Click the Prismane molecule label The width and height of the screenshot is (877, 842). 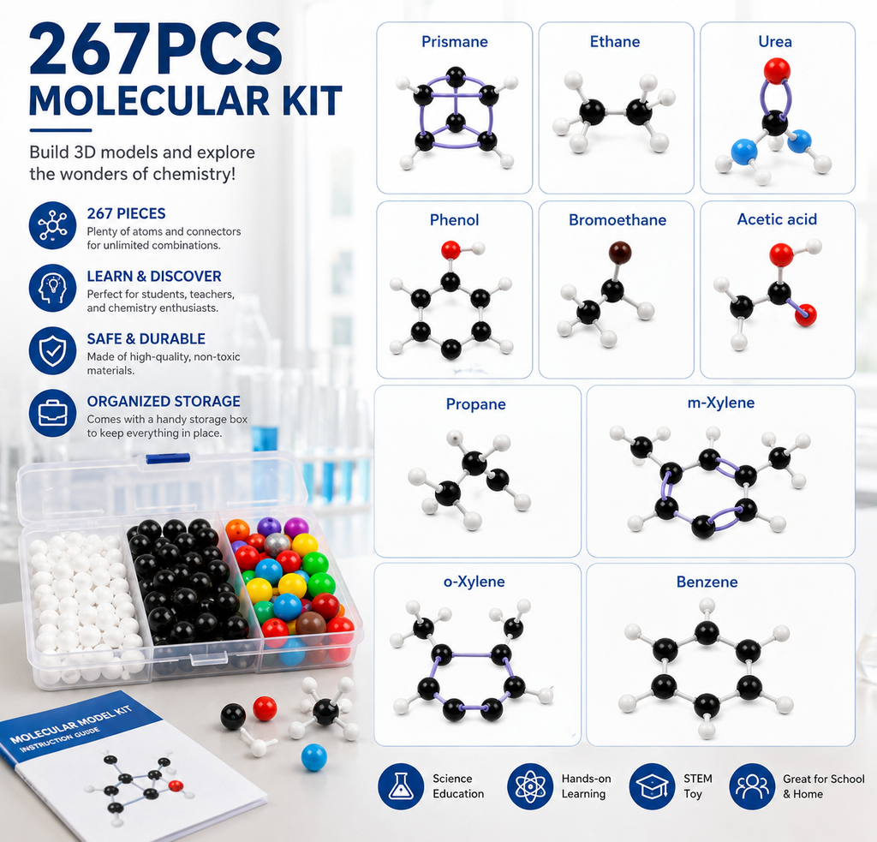(x=454, y=42)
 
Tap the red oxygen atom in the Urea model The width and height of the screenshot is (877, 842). (x=776, y=71)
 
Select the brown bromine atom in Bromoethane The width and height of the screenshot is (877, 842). (x=620, y=253)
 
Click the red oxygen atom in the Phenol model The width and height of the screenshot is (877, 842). (x=450, y=250)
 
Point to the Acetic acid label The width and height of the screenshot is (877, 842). (x=777, y=219)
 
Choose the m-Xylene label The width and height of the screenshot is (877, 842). (x=721, y=403)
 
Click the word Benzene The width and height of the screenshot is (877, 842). (x=707, y=582)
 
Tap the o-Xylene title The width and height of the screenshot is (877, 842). (x=474, y=582)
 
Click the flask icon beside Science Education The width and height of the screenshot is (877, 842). (x=401, y=786)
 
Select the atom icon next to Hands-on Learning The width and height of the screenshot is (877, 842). (x=529, y=786)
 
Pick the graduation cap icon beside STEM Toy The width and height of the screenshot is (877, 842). (x=652, y=786)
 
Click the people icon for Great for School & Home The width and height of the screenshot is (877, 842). (x=752, y=786)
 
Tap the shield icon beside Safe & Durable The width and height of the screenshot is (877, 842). (x=52, y=351)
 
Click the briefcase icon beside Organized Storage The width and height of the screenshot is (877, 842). (x=52, y=414)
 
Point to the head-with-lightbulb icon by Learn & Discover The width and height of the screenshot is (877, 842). (x=52, y=288)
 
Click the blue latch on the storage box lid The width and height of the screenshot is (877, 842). (x=168, y=458)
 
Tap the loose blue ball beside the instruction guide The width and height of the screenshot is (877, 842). (x=313, y=757)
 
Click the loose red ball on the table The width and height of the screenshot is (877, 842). (x=265, y=709)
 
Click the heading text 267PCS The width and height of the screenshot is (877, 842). (x=156, y=50)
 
